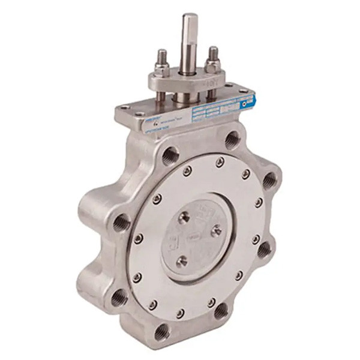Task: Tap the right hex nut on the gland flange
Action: coord(212,64)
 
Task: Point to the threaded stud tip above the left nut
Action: coord(163,54)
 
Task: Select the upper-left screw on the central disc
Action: coord(184,218)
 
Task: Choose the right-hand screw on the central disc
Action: coord(216,229)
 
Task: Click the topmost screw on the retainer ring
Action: coord(220,161)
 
